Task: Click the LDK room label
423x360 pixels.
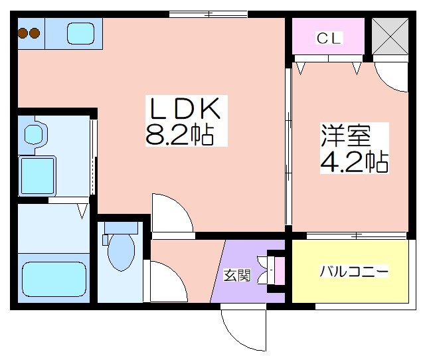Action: [185, 108]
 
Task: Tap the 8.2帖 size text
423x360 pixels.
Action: [180, 135]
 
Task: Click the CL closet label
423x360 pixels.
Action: [329, 38]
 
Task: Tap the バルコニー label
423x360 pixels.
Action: [354, 271]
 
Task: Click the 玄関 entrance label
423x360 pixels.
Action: [237, 275]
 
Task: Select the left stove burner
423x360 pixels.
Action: [23, 33]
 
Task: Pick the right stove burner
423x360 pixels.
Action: [35, 33]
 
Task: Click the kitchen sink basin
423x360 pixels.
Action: [80, 33]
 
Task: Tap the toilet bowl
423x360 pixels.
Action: [121, 252]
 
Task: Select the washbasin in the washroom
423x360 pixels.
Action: [33, 134]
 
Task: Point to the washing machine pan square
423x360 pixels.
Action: [37, 176]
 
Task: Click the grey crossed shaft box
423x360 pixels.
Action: [390, 37]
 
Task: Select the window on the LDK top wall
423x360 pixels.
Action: [209, 14]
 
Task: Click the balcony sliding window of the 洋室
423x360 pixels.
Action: [356, 236]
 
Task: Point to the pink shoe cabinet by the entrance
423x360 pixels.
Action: [280, 271]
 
